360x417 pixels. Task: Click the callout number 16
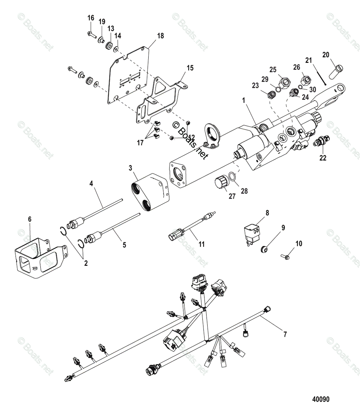(91, 18)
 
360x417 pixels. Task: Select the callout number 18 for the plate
(160, 36)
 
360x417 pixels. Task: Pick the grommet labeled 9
(265, 248)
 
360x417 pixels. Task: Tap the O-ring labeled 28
(235, 178)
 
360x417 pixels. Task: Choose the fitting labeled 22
(320, 142)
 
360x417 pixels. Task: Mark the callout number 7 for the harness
(285, 335)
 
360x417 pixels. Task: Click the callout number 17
(140, 143)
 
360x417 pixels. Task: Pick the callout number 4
(92, 183)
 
